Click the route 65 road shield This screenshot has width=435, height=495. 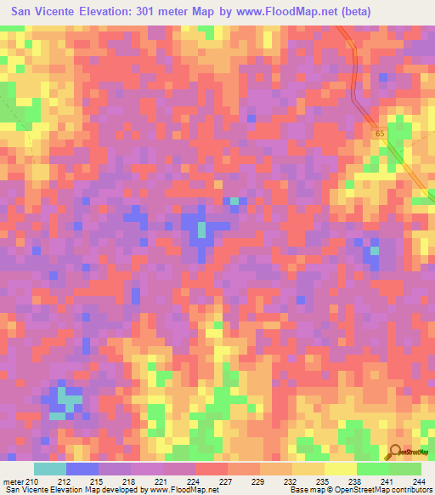380,134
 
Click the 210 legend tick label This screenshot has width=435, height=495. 32,482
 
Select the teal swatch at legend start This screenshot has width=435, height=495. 50,469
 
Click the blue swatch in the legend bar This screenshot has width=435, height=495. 82,469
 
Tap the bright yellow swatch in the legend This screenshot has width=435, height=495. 340,469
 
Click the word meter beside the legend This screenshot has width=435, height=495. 13,482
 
